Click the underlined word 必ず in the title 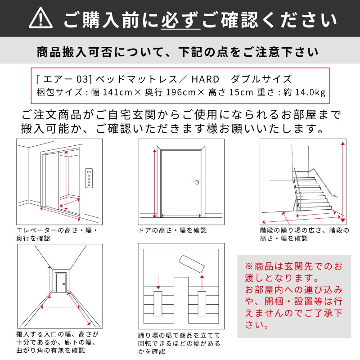tap(180, 19)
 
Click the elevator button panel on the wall tap(89, 179)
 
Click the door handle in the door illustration tap(195, 182)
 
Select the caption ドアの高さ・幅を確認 tap(173, 230)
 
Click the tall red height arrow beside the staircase tap(343, 180)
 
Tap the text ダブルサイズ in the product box tap(261, 80)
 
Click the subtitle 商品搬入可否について tap(180, 52)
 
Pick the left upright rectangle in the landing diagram tap(158, 304)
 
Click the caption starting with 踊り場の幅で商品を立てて tap(179, 343)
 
